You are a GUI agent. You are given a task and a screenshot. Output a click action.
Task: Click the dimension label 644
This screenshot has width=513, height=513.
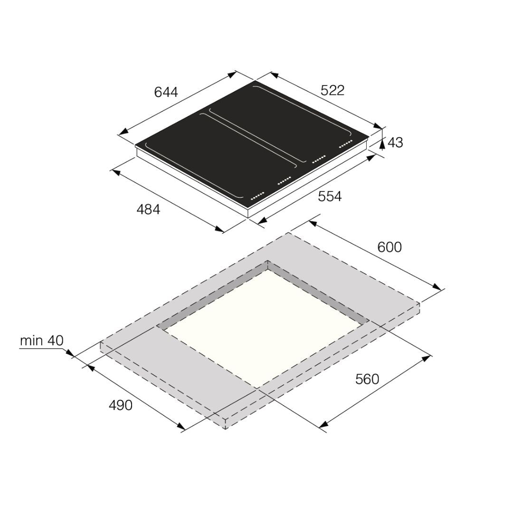tap(166, 92)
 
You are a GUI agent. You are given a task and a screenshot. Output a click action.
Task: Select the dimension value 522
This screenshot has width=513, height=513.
tap(332, 90)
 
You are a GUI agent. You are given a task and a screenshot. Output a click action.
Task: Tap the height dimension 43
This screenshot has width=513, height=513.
tap(395, 142)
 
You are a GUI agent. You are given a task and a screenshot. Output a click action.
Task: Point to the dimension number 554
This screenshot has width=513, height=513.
tap(330, 196)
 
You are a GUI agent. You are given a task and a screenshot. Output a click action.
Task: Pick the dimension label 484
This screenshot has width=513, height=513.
tap(148, 209)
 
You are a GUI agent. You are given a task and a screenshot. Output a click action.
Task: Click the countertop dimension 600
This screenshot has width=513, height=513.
tap(389, 247)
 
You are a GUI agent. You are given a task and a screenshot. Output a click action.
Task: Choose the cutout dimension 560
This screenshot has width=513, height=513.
tap(367, 379)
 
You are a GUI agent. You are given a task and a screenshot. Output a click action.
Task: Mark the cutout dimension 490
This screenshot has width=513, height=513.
tap(120, 405)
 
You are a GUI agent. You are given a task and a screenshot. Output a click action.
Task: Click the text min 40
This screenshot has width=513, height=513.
tap(41, 341)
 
